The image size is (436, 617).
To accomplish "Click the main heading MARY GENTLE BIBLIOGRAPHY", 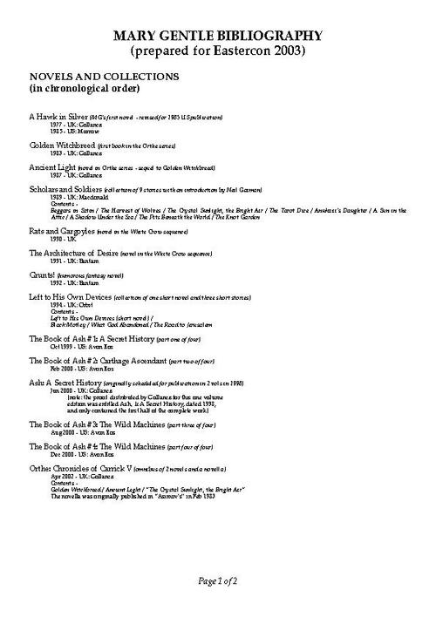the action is pyautogui.click(x=218, y=36).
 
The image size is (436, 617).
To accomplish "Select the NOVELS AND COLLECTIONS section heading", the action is pyautogui.click(x=105, y=77).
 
